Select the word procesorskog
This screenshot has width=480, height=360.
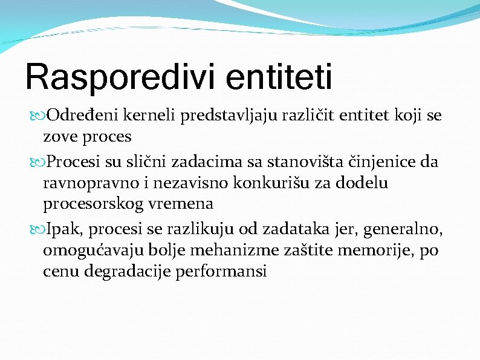click(94, 205)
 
